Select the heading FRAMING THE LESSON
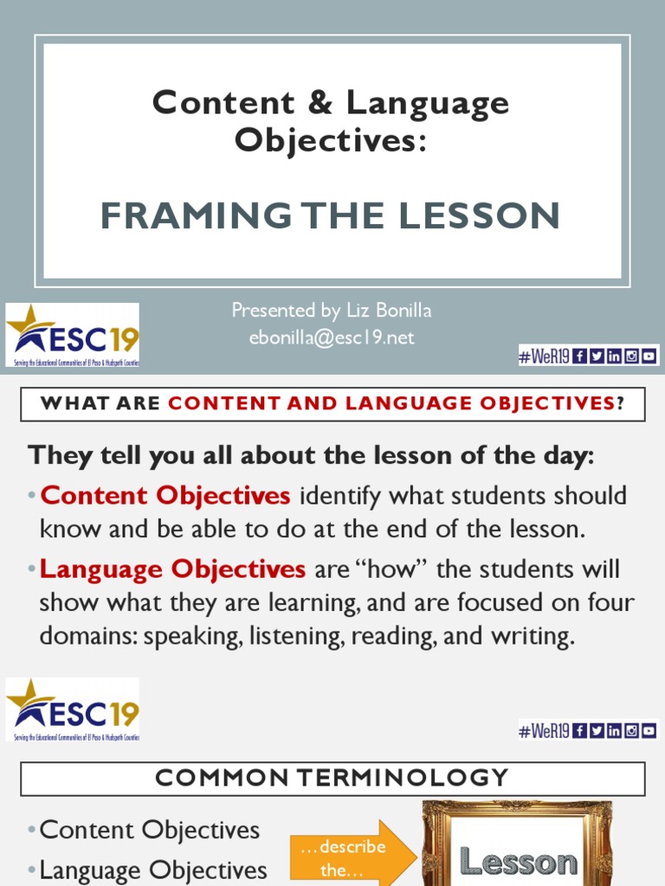tap(330, 215)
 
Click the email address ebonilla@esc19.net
tap(332, 337)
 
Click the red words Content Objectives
tap(165, 496)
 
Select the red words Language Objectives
tap(172, 569)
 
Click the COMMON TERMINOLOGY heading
tap(332, 778)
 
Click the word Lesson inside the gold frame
tap(518, 862)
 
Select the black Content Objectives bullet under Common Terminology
tap(150, 831)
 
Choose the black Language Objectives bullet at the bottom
tap(153, 870)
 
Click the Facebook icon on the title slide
tap(579, 355)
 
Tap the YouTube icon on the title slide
tap(649, 355)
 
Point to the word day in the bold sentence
tap(565, 455)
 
